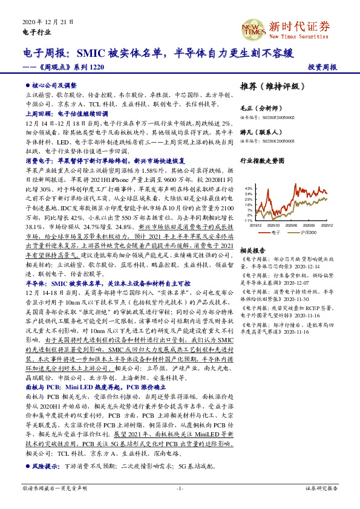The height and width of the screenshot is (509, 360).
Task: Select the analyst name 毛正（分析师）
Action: (258, 108)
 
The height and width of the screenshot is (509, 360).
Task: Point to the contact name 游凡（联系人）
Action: (258, 132)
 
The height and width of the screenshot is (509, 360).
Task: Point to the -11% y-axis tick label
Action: (248, 221)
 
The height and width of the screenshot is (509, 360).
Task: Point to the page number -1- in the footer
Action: (180, 487)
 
